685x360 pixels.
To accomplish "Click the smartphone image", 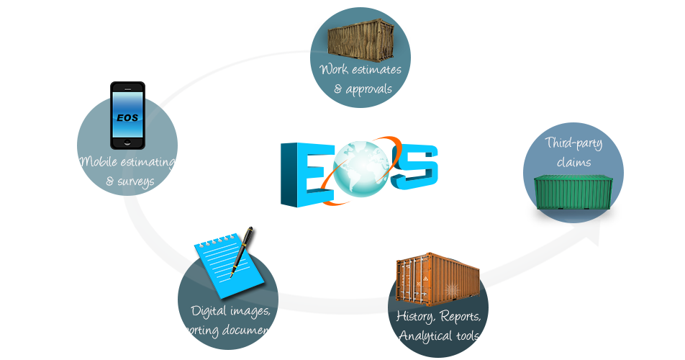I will pos(126,115).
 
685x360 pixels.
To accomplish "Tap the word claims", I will pos(573,163).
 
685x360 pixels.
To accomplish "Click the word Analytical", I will pos(423,336).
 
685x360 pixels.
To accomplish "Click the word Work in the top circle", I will pos(334,70).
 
